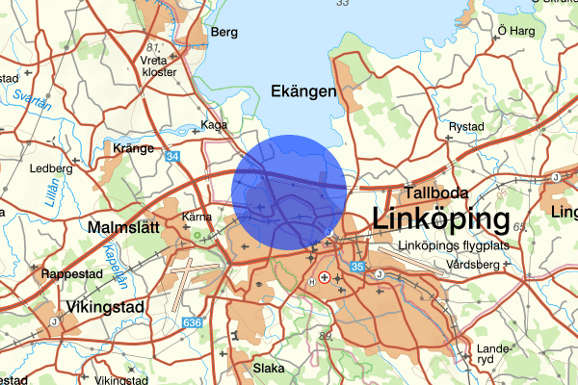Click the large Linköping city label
(x=440, y=219)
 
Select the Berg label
(x=223, y=32)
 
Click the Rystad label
(x=466, y=126)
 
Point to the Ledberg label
(x=51, y=167)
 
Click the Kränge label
(x=133, y=148)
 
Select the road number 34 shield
(x=171, y=155)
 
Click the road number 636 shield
(x=194, y=321)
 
